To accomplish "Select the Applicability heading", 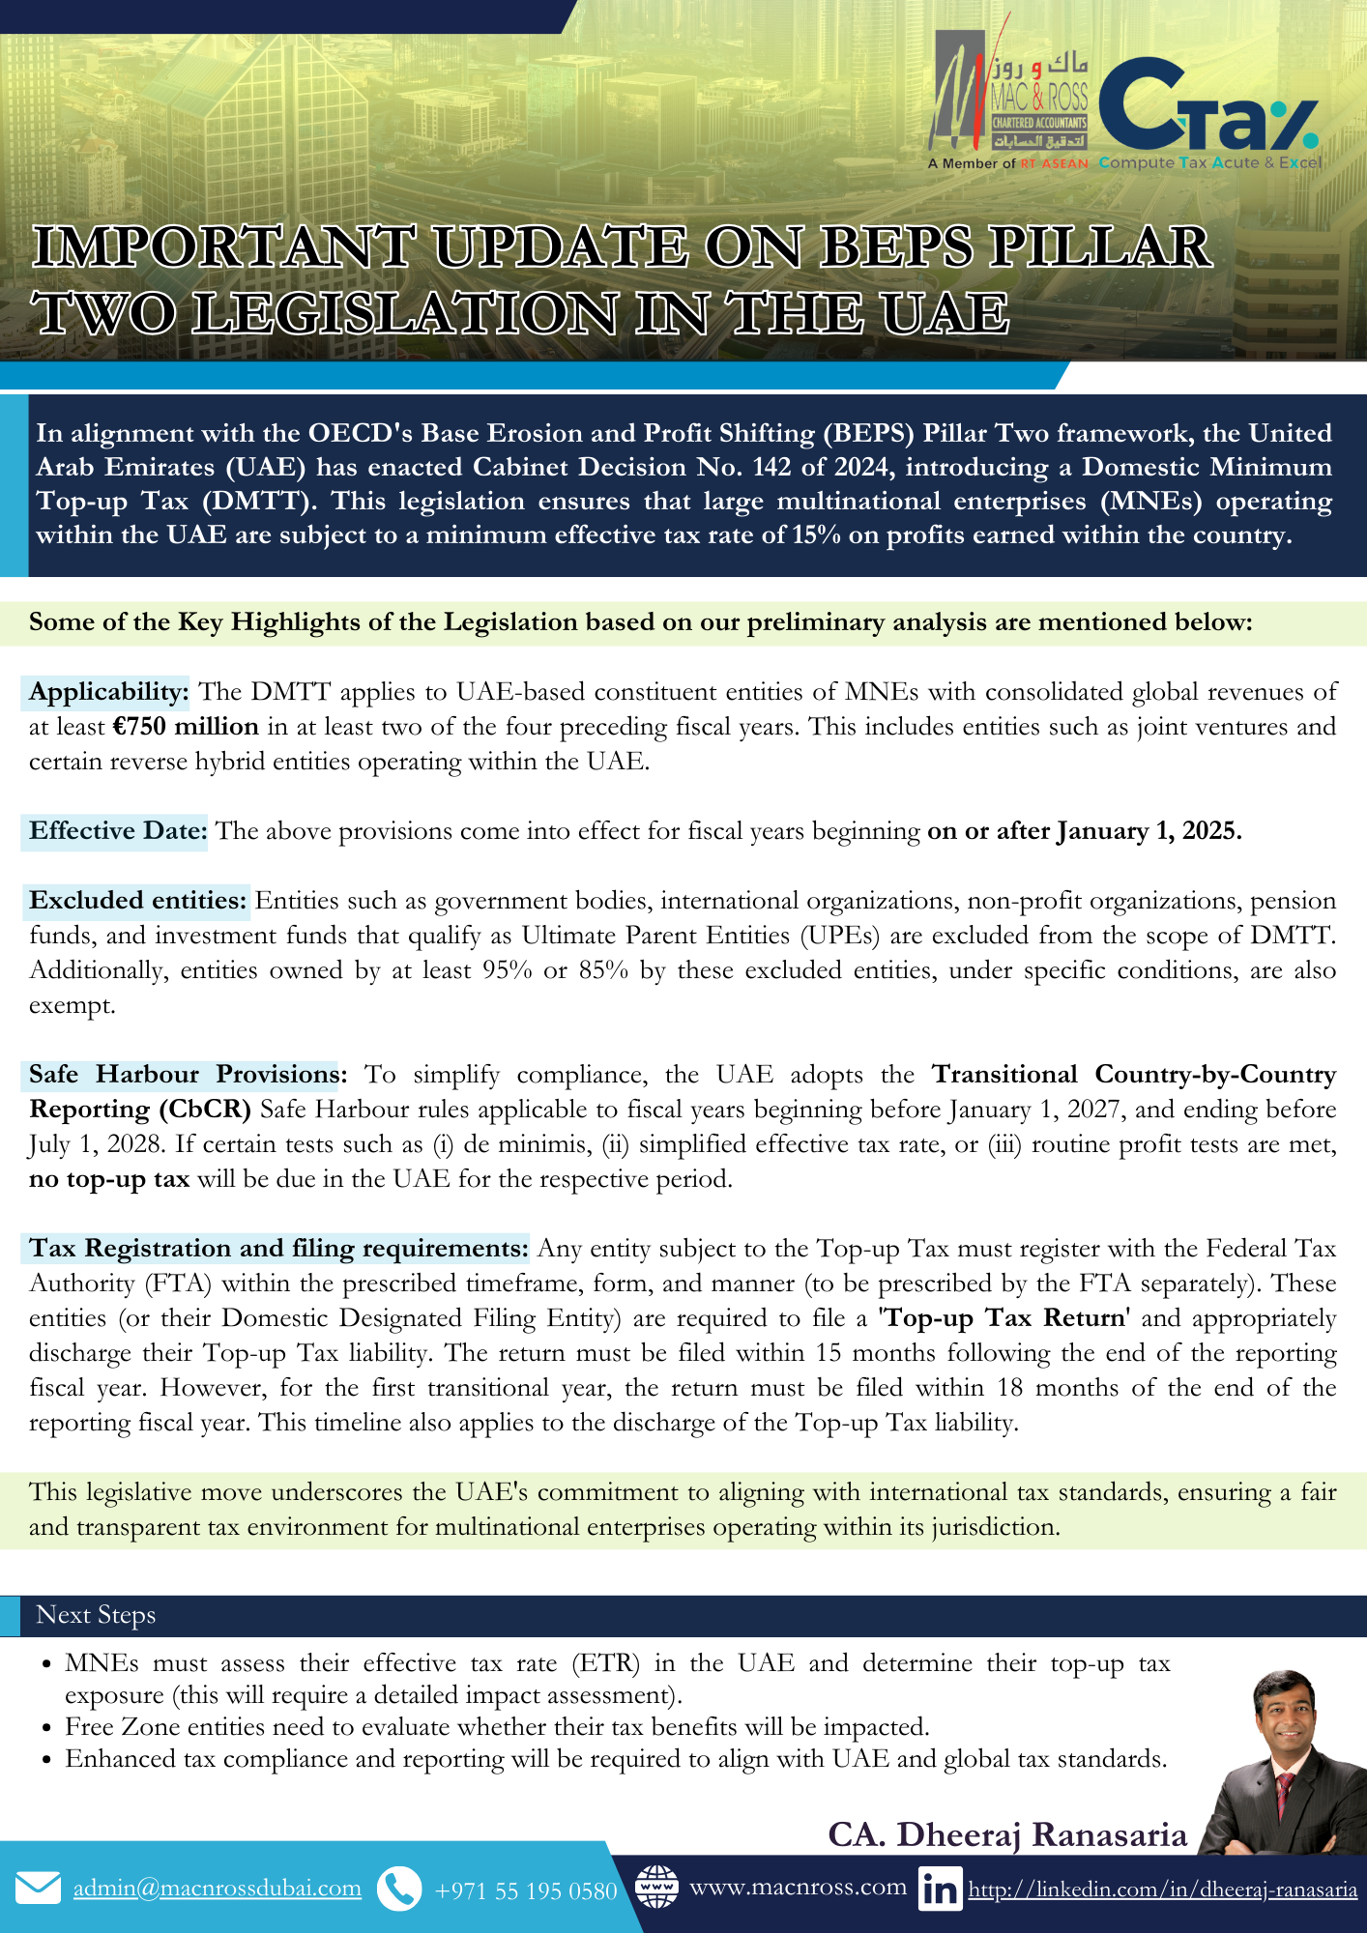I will [108, 692].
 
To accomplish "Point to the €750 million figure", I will [186, 727].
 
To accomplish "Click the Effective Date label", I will [117, 831].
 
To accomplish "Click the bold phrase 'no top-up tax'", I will [109, 1179].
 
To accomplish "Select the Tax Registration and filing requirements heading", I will [278, 1249].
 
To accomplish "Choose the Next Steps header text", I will [96, 1615].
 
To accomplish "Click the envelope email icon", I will [39, 1888].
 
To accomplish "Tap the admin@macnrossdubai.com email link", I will [218, 1889].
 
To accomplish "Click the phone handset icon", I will [398, 1889].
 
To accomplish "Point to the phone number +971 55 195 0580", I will [526, 1890].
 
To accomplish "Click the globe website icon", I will [656, 1887].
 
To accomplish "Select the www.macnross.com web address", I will [798, 1887].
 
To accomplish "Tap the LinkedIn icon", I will [940, 1889].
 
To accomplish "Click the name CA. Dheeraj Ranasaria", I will [1006, 1834].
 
